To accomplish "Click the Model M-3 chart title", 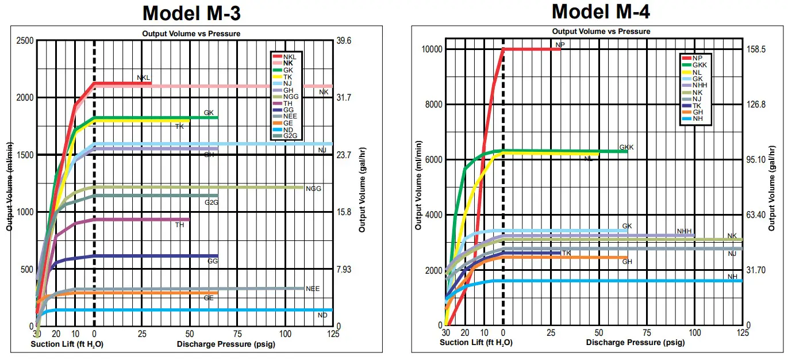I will [x=191, y=13].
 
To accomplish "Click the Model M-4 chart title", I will [x=601, y=11].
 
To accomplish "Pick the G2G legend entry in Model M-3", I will [x=291, y=136].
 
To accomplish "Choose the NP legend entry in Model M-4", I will [x=698, y=58].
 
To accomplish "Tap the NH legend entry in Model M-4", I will [x=698, y=119].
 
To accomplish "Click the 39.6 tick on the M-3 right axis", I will [x=344, y=41].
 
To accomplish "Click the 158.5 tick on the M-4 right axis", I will [x=756, y=49].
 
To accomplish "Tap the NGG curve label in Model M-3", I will [x=313, y=189].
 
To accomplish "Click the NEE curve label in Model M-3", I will [x=313, y=289].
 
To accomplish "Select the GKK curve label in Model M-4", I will [x=626, y=147].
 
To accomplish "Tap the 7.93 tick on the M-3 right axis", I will [x=344, y=270].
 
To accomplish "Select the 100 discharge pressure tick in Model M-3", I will [x=285, y=334].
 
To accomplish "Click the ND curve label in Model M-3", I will [x=322, y=316].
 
